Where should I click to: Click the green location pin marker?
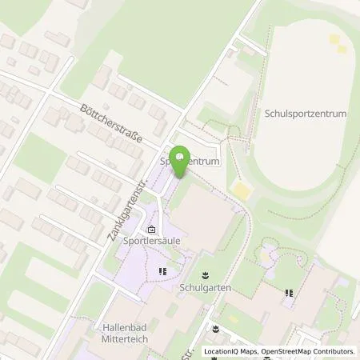pyautogui.click(x=182, y=158)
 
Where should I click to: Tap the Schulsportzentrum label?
pyautogui.click(x=306, y=114)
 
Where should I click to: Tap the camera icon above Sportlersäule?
pyautogui.click(x=151, y=228)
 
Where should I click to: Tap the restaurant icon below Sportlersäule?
pyautogui.click(x=163, y=271)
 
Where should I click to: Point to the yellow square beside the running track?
pyautogui.click(x=241, y=190)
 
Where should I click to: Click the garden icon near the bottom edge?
pyautogui.click(x=215, y=328)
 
